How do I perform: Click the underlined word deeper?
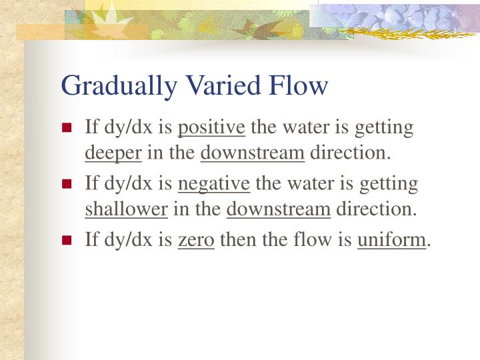click(113, 153)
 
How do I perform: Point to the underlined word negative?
click(215, 183)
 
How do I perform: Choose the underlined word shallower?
click(126, 209)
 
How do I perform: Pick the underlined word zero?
click(196, 238)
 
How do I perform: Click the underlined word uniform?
click(391, 238)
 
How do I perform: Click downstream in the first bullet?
click(253, 153)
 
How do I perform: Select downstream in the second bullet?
click(279, 209)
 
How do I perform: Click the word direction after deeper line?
click(349, 153)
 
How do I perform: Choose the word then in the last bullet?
click(233, 238)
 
